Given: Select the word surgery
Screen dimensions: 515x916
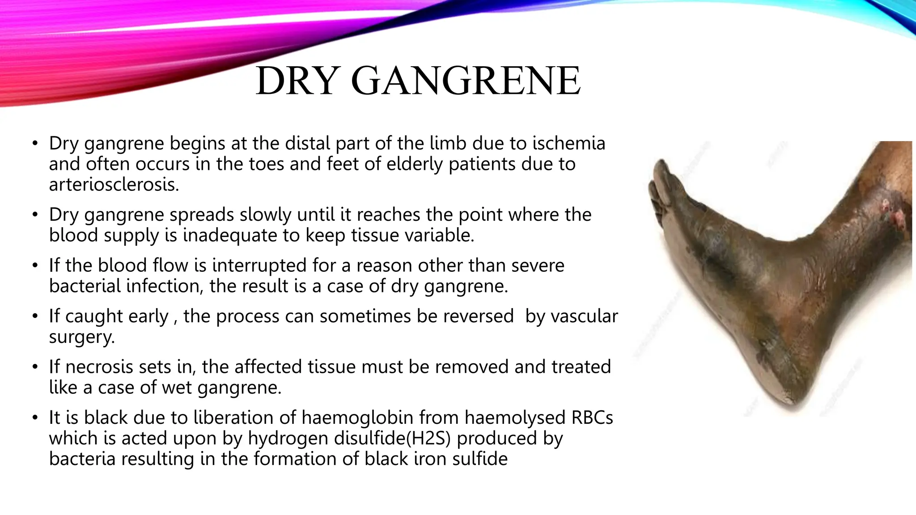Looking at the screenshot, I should click(81, 337).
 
